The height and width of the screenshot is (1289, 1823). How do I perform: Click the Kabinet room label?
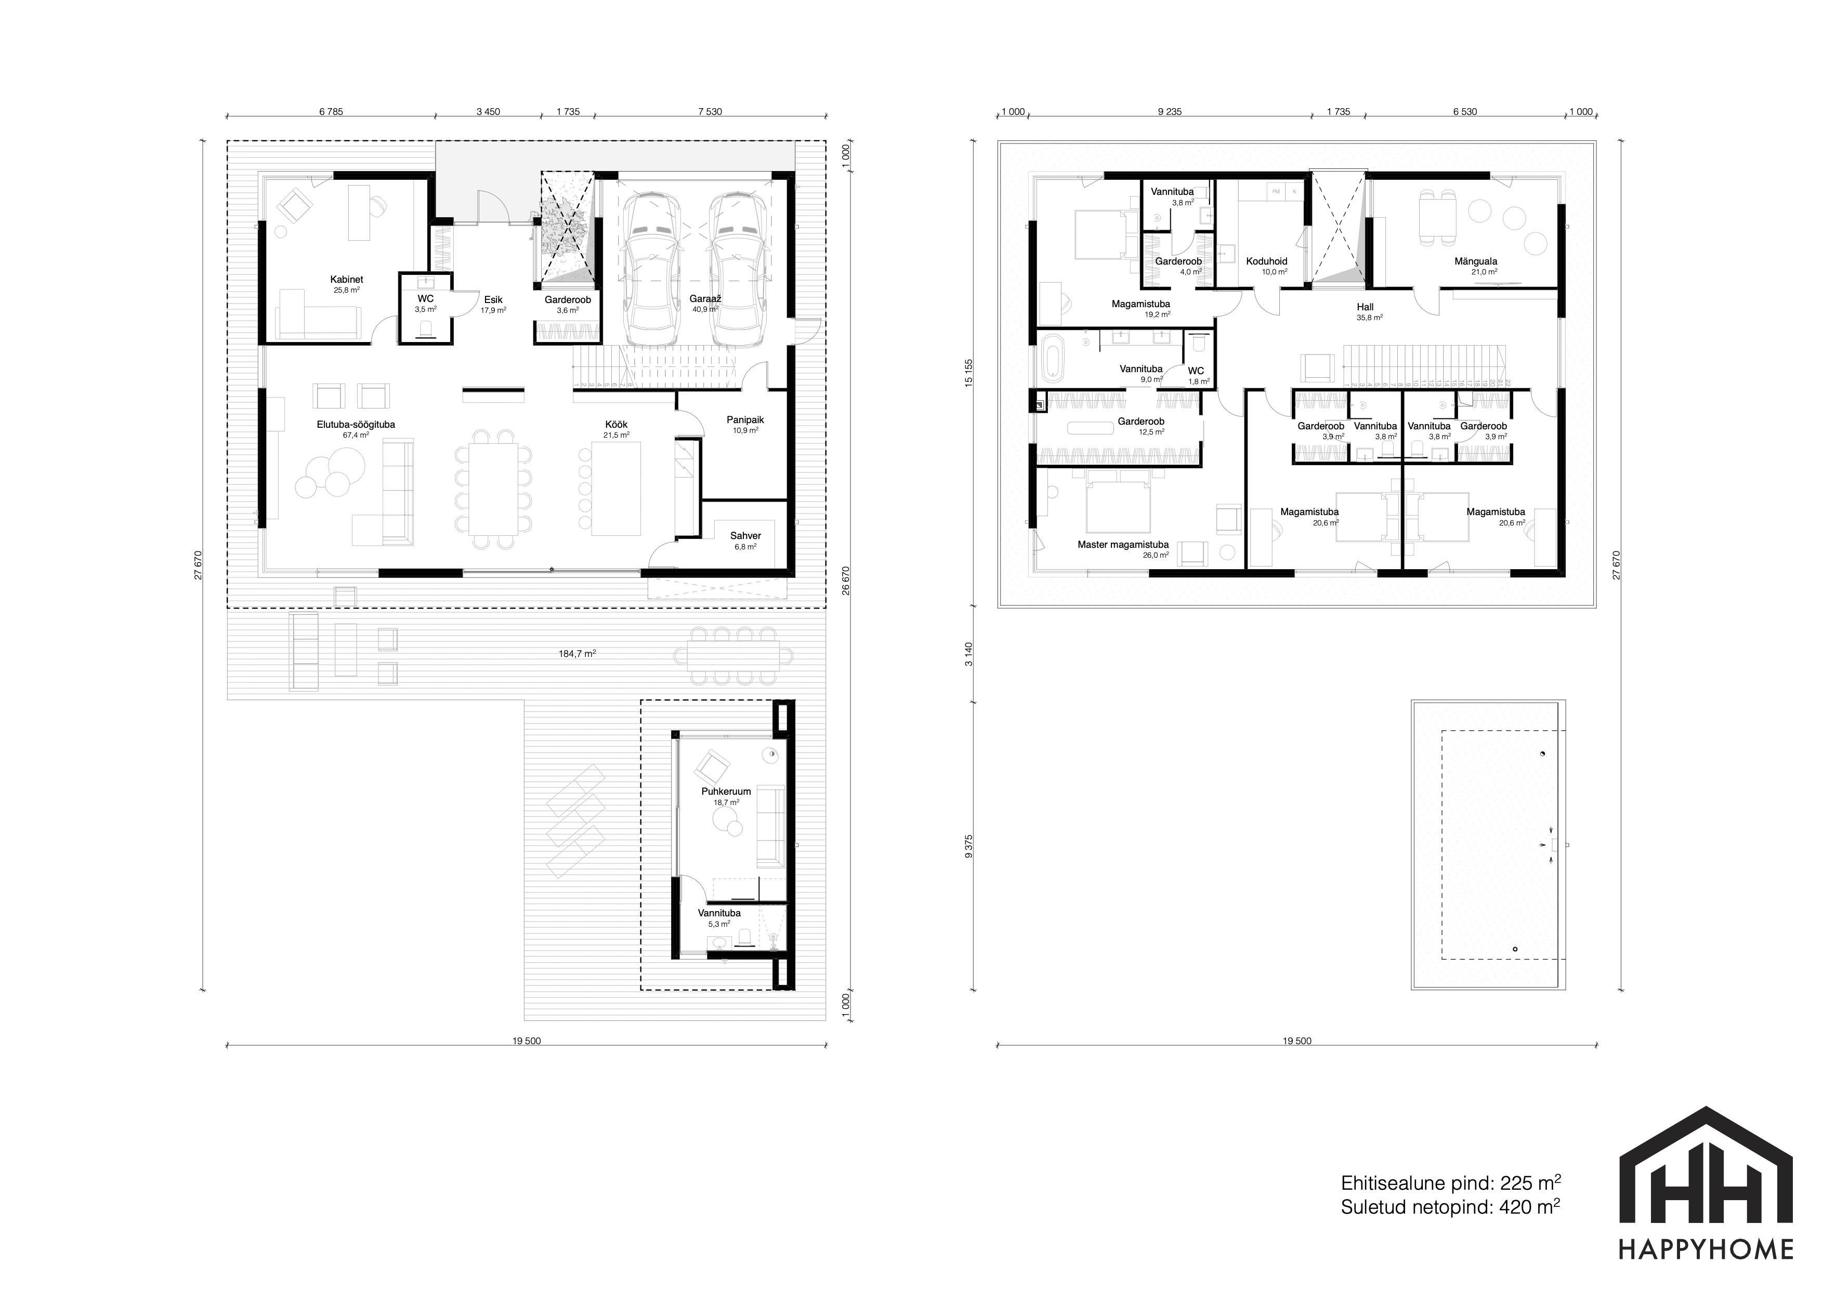pyautogui.click(x=347, y=280)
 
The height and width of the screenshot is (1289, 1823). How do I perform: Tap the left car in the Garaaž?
pyautogui.click(x=652, y=269)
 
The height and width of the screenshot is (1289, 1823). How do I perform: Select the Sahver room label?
pyautogui.click(x=745, y=536)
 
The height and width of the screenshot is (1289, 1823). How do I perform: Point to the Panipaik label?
pyautogui.click(x=745, y=420)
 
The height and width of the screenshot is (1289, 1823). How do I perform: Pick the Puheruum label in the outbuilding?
pyautogui.click(x=726, y=792)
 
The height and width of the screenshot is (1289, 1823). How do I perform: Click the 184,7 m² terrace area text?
pyautogui.click(x=577, y=654)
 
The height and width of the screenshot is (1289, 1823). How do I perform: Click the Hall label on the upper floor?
pyautogui.click(x=1365, y=307)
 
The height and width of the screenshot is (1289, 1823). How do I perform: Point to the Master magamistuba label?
pyautogui.click(x=1123, y=545)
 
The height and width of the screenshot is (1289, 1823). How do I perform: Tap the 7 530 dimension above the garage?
pyautogui.click(x=710, y=112)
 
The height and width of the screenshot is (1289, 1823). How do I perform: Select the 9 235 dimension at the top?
pyautogui.click(x=1170, y=112)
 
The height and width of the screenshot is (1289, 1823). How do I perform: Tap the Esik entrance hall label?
pyautogui.click(x=493, y=300)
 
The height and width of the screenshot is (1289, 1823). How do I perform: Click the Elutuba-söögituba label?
pyautogui.click(x=356, y=425)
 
